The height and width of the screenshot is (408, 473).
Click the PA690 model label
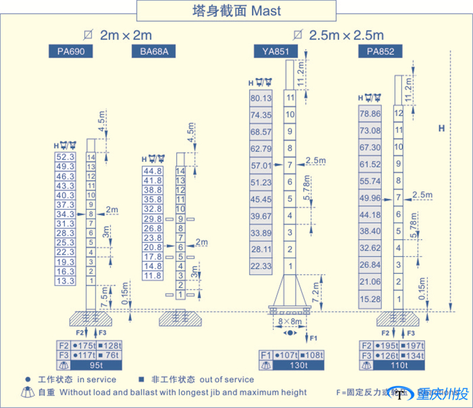tap(71, 51)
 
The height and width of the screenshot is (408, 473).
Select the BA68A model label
tap(154, 51)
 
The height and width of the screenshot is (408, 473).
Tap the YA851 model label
tap(276, 51)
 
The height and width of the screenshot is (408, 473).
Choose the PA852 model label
tap(380, 51)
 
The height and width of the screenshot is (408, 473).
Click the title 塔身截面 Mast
tap(237, 10)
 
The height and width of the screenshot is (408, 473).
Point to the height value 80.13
tap(261, 98)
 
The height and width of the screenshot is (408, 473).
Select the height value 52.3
tap(65, 157)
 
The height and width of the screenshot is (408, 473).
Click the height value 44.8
tap(153, 171)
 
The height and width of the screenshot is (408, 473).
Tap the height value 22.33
tap(261, 266)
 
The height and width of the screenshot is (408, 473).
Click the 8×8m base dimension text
tap(290, 321)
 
